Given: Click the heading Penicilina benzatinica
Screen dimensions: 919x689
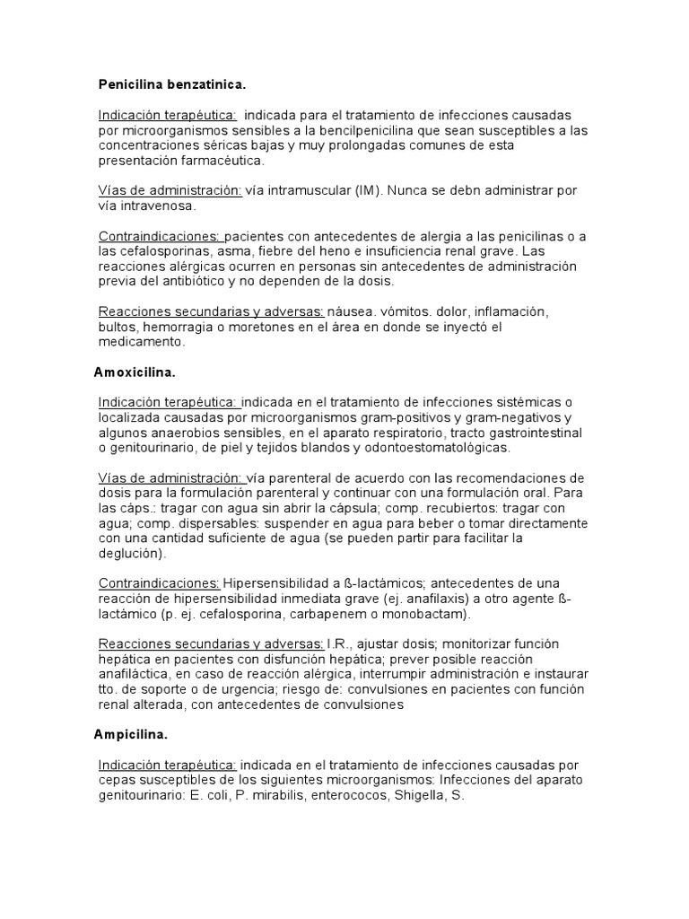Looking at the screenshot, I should coord(171,84).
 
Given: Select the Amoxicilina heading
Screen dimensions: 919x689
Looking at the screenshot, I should coord(135,371).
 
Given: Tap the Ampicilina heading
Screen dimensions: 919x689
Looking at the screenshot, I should coord(131,734).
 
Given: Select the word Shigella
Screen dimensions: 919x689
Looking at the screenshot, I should coord(416,795).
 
